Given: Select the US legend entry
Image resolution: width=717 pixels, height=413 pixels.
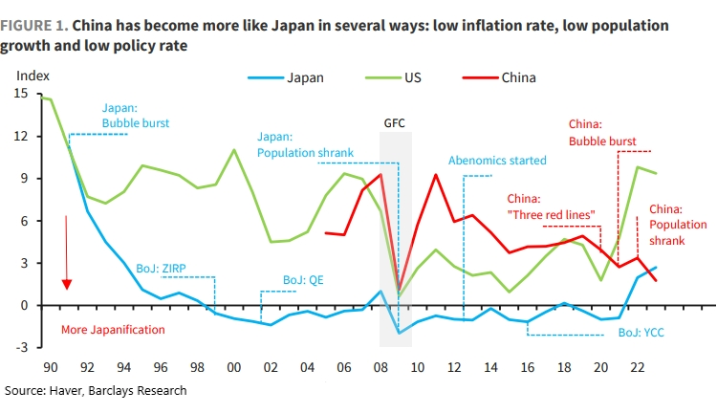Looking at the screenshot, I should tap(412, 77).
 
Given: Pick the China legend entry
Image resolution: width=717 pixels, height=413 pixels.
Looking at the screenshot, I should tap(518, 77).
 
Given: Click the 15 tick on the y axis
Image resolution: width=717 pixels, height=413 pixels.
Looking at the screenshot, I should tap(22, 94).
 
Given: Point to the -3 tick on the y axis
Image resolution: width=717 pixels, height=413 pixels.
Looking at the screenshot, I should tap(24, 347).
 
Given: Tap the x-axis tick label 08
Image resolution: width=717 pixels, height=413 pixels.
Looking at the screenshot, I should tap(380, 367).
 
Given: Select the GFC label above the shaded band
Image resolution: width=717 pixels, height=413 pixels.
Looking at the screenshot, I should tap(395, 124).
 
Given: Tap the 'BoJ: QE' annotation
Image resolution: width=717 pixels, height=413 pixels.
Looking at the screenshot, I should tap(305, 280).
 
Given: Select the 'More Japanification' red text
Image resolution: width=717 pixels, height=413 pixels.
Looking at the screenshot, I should tap(111, 330).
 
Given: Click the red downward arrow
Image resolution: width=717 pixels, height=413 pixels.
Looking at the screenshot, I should tap(67, 252).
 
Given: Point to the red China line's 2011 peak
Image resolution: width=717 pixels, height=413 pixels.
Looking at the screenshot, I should tap(436, 175).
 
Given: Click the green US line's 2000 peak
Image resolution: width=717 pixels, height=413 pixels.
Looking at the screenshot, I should tap(234, 150).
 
